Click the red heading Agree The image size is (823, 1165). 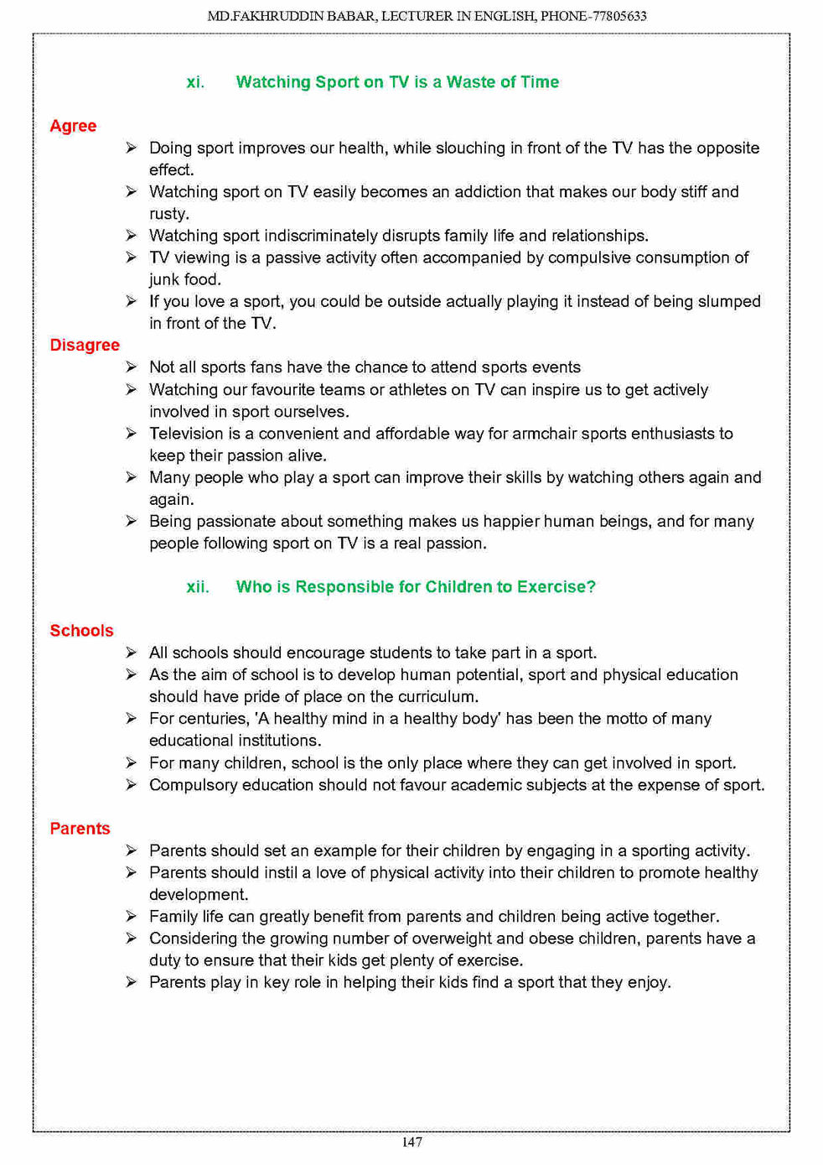(x=73, y=126)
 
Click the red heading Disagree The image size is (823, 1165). (x=85, y=346)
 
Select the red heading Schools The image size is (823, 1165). (x=81, y=631)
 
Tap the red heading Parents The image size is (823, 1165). (x=80, y=829)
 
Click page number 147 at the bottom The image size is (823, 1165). (x=411, y=1142)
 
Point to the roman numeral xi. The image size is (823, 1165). (x=195, y=82)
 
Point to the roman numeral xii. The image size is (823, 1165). (x=198, y=587)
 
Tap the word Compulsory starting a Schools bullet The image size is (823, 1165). (x=193, y=785)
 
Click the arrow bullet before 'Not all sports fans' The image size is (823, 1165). (x=132, y=367)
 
